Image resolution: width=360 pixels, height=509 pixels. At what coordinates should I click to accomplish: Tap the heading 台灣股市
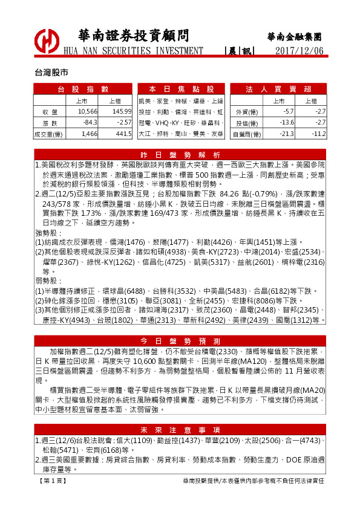point(51,72)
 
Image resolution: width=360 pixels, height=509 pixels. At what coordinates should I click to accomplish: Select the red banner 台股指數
point(83,89)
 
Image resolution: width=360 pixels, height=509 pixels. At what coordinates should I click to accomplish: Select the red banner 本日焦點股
point(181,89)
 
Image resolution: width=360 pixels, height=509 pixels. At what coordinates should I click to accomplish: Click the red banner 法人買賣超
point(278,89)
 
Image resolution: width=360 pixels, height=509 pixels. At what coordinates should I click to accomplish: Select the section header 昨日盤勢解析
point(180,154)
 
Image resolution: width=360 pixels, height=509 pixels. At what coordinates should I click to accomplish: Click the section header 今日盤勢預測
point(180,340)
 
